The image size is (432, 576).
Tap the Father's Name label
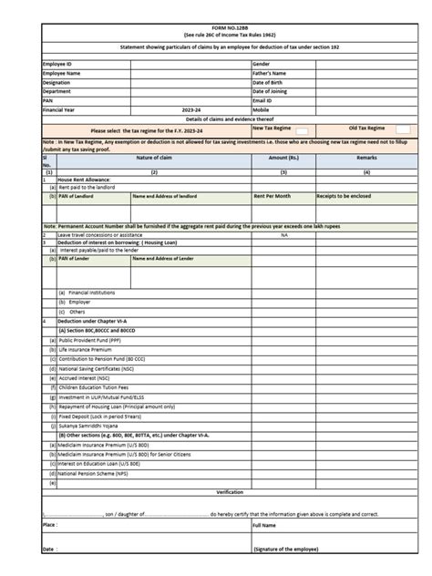pyautogui.click(x=270, y=74)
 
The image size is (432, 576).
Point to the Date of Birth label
pyautogui.click(x=271, y=83)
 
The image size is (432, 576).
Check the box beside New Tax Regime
pyautogui.click(x=303, y=131)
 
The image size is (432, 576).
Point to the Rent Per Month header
pyautogui.click(x=273, y=196)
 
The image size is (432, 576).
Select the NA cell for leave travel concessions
pyautogui.click(x=283, y=234)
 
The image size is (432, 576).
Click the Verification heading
pyautogui.click(x=229, y=491)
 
